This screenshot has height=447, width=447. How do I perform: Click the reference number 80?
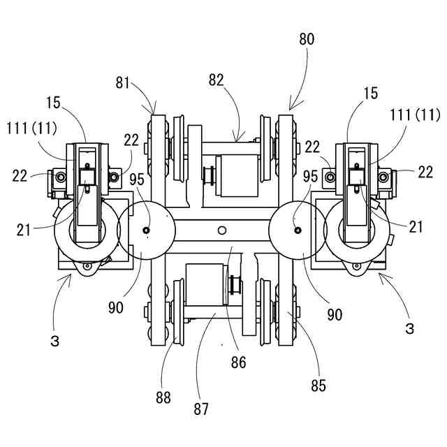point(307,39)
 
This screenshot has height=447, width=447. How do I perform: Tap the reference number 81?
point(123,83)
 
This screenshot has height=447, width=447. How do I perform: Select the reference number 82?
point(217,80)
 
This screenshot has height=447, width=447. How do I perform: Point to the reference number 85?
point(318,386)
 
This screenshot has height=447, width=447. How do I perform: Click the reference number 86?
point(238,362)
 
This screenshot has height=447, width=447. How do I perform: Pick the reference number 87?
point(201,409)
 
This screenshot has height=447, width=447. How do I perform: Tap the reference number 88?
point(163,397)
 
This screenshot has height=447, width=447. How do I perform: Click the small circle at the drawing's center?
point(222,230)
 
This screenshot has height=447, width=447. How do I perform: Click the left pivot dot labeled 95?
point(147,230)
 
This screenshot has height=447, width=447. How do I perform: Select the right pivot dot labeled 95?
point(298,230)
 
